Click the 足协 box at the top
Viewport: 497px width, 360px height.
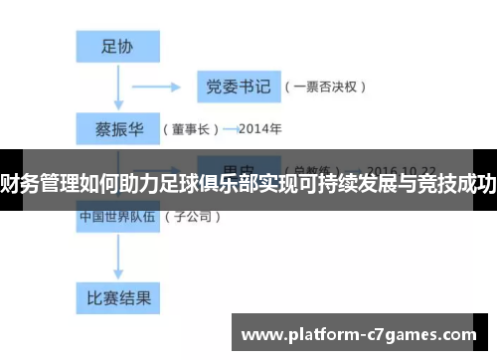(x=117, y=45)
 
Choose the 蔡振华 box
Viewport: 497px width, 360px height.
(x=117, y=128)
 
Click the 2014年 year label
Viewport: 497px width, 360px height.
(x=260, y=129)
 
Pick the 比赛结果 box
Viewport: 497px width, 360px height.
(x=117, y=296)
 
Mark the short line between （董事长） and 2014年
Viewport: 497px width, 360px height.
(x=231, y=129)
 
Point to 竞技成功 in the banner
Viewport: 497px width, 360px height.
(x=456, y=182)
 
